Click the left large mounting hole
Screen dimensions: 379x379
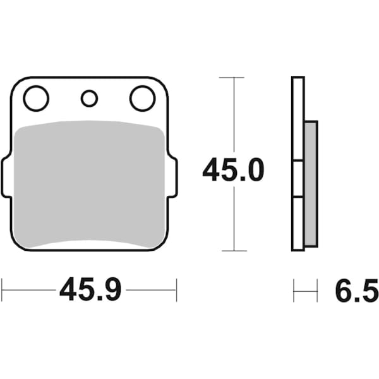36,98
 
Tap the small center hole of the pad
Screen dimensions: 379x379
90,98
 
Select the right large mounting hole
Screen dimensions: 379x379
142,98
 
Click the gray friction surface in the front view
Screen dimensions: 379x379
88,183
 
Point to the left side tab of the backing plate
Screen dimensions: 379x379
6,178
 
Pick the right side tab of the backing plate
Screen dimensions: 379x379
172,178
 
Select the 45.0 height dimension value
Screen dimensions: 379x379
233,171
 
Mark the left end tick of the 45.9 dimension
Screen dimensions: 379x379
2,290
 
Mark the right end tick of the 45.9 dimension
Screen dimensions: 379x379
176,290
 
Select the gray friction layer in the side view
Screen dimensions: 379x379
311,183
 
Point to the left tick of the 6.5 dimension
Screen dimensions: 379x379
294,290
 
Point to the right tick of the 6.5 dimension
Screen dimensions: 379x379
316,290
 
